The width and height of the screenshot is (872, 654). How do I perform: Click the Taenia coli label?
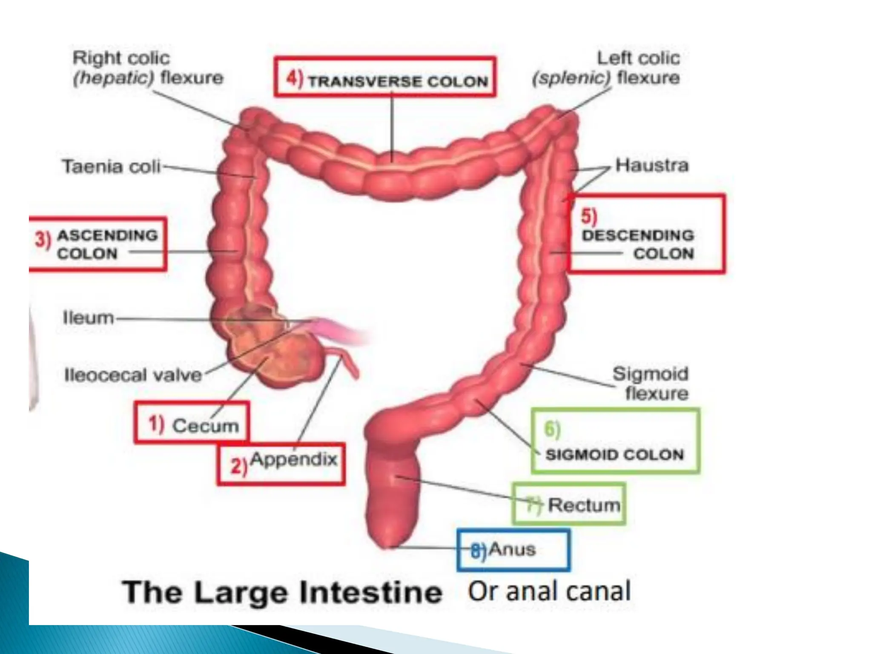[112, 166]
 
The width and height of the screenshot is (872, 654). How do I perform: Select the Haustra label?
[651, 165]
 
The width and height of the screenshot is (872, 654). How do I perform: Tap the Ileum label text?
[89, 318]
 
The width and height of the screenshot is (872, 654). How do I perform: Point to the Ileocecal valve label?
[133, 375]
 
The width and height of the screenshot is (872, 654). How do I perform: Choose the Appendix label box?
[281, 465]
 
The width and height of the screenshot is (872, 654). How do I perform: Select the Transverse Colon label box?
[385, 77]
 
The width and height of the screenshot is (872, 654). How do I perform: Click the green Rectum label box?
[569, 504]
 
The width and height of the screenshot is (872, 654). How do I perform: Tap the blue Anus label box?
[513, 550]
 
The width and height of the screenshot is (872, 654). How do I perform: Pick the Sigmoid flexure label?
[650, 383]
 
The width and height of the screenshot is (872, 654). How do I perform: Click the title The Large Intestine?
[282, 592]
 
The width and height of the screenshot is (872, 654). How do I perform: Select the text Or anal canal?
[549, 591]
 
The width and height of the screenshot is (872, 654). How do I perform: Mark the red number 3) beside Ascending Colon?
[43, 240]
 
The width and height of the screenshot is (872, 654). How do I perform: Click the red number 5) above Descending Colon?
[589, 216]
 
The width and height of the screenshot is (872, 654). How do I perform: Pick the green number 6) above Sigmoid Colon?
[552, 429]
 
